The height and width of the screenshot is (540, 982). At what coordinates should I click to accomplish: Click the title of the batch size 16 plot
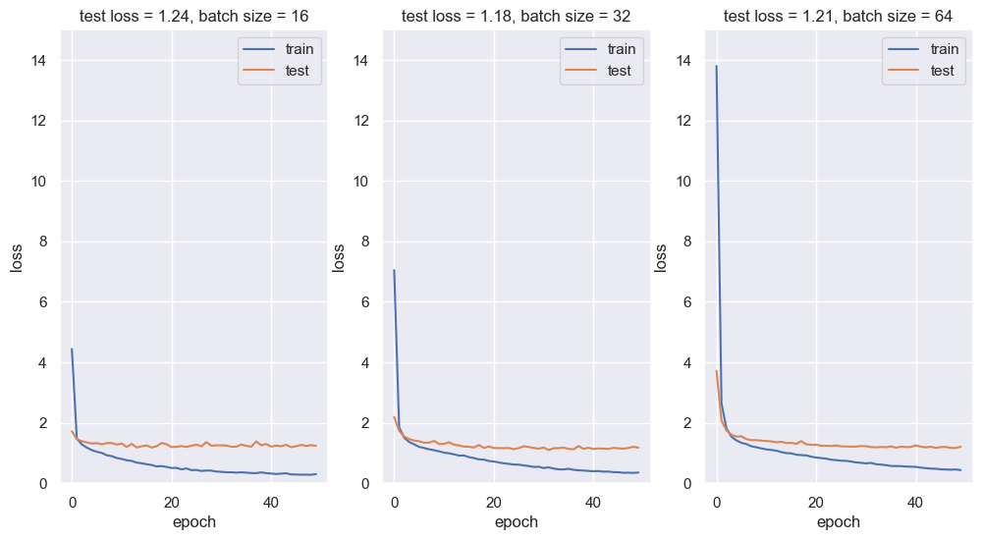(x=193, y=16)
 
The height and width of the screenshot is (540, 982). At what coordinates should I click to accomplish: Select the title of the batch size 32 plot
(x=516, y=16)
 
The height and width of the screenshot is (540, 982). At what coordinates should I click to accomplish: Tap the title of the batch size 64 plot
(x=838, y=16)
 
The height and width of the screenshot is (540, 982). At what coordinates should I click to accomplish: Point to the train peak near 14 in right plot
(x=716, y=66)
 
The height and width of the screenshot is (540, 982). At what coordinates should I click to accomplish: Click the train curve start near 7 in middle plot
(x=394, y=270)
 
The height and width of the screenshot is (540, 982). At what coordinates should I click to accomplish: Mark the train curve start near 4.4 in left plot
(x=72, y=350)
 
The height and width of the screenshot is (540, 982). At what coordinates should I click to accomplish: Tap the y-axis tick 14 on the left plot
(x=40, y=61)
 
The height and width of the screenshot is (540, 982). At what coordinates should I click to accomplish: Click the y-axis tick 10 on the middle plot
(x=362, y=182)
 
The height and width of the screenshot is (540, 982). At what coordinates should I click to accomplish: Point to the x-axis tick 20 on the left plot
(x=172, y=502)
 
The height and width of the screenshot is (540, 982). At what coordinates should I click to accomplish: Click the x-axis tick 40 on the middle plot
(x=593, y=502)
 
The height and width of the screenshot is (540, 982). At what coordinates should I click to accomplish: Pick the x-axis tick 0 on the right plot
(x=717, y=502)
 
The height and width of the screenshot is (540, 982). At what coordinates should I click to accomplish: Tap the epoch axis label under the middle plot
(x=516, y=522)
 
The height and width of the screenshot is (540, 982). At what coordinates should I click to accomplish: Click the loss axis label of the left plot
(x=16, y=257)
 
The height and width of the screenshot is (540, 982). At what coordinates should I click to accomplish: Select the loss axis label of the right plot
(x=661, y=257)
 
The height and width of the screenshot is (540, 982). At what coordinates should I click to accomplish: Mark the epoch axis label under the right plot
(x=838, y=522)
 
